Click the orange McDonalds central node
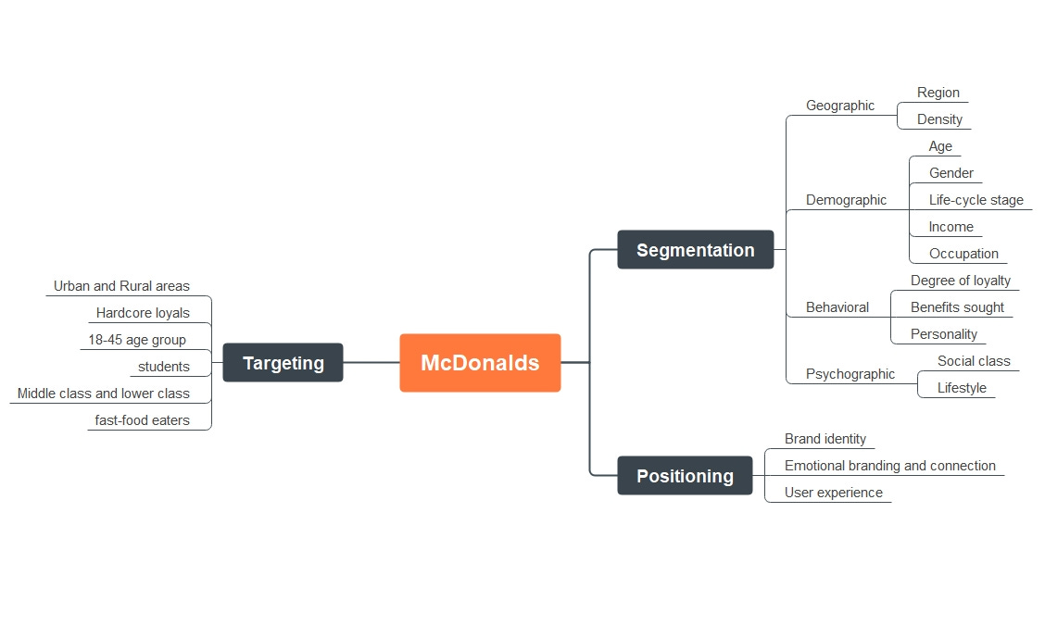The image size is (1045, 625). pos(480,363)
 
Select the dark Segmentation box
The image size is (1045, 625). pos(695,250)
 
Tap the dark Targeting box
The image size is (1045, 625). pos(283,363)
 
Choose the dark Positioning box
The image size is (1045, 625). pos(685,476)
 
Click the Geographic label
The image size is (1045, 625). pos(839,106)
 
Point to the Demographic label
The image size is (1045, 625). pos(846,200)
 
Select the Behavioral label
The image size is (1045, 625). pos(837,307)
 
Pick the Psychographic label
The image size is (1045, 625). pos(850,374)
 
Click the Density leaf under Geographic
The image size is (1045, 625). pos(939,119)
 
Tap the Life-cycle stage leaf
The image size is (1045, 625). pos(976,200)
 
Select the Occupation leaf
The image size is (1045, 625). pos(963,254)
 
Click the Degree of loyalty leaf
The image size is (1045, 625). pos(960,281)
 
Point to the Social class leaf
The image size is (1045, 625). pos(973,361)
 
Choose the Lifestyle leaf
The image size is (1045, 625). pos(962,388)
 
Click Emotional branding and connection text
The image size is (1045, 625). pos(889,466)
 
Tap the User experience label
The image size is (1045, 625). pos(833,493)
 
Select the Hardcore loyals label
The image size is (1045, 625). pos(143,313)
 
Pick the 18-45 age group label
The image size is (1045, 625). pos(137,340)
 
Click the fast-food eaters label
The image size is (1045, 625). pos(142,420)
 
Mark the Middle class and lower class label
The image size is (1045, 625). pos(103,394)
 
